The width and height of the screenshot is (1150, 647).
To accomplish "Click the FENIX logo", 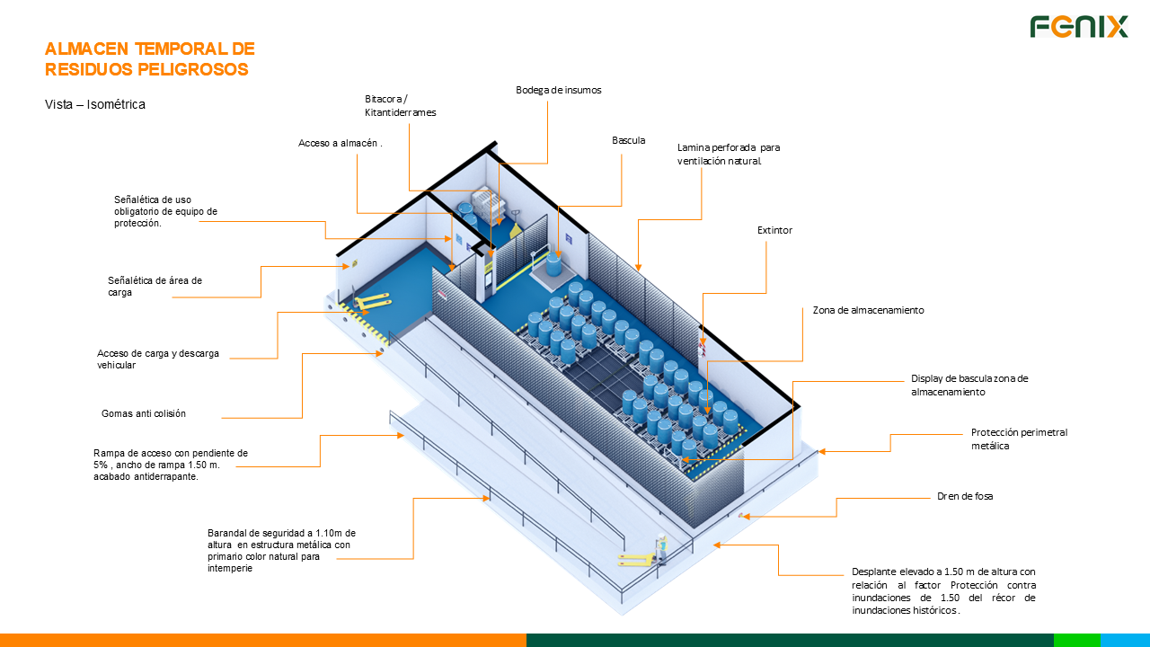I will pyautogui.click(x=1078, y=27).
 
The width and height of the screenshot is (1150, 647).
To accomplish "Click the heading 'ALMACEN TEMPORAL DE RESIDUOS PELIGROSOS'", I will pyautogui.click(x=149, y=58).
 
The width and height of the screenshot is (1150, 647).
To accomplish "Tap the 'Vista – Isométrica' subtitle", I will pyautogui.click(x=94, y=104).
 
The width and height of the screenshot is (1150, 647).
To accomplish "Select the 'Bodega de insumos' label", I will pyautogui.click(x=558, y=90).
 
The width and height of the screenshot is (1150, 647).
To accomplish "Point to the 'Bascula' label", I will pyautogui.click(x=628, y=140).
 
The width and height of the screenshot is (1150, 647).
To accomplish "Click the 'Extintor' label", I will pyautogui.click(x=774, y=230).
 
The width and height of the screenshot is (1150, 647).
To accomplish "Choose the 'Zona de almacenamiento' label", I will pyautogui.click(x=868, y=310).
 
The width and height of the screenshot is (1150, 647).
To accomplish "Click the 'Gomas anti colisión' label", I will pyautogui.click(x=144, y=413).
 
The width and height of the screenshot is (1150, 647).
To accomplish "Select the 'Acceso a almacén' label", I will pyautogui.click(x=340, y=143).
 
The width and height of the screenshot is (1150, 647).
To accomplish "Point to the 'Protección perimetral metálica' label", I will pyautogui.click(x=1019, y=439).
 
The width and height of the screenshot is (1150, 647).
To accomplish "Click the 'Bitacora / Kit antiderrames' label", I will pyautogui.click(x=400, y=105).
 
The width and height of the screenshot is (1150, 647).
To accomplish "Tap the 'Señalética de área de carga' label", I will pyautogui.click(x=155, y=286).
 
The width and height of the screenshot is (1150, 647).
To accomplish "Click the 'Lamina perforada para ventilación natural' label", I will pyautogui.click(x=729, y=154).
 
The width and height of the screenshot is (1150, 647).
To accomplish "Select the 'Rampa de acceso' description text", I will pyautogui.click(x=171, y=465).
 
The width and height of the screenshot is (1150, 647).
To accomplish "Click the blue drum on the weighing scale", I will pyautogui.click(x=553, y=263).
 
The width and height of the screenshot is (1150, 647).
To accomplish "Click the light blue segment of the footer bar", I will pyautogui.click(x=1125, y=640).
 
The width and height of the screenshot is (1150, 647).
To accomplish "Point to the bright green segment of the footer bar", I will pyautogui.click(x=1076, y=640).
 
